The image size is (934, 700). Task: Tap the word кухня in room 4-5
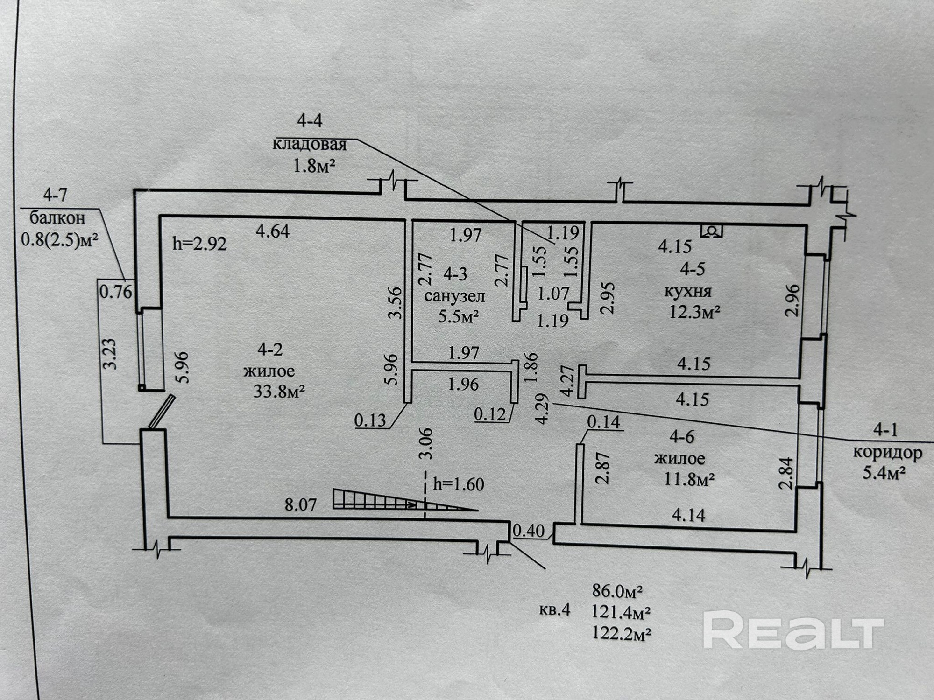pyautogui.click(x=688, y=291)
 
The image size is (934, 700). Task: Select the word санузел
pyautogui.click(x=454, y=296)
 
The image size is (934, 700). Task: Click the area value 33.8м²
pyautogui.click(x=279, y=391)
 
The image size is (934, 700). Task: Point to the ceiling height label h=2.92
pyautogui.click(x=200, y=243)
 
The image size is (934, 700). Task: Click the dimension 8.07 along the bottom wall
pyautogui.click(x=301, y=504)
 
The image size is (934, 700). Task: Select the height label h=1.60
pyautogui.click(x=459, y=484)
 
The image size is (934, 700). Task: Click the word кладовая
pyautogui.click(x=309, y=144)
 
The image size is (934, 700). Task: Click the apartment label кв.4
pyautogui.click(x=555, y=610)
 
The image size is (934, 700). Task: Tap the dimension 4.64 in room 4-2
pyautogui.click(x=273, y=231)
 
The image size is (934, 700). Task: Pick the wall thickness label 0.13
pyautogui.click(x=370, y=420)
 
